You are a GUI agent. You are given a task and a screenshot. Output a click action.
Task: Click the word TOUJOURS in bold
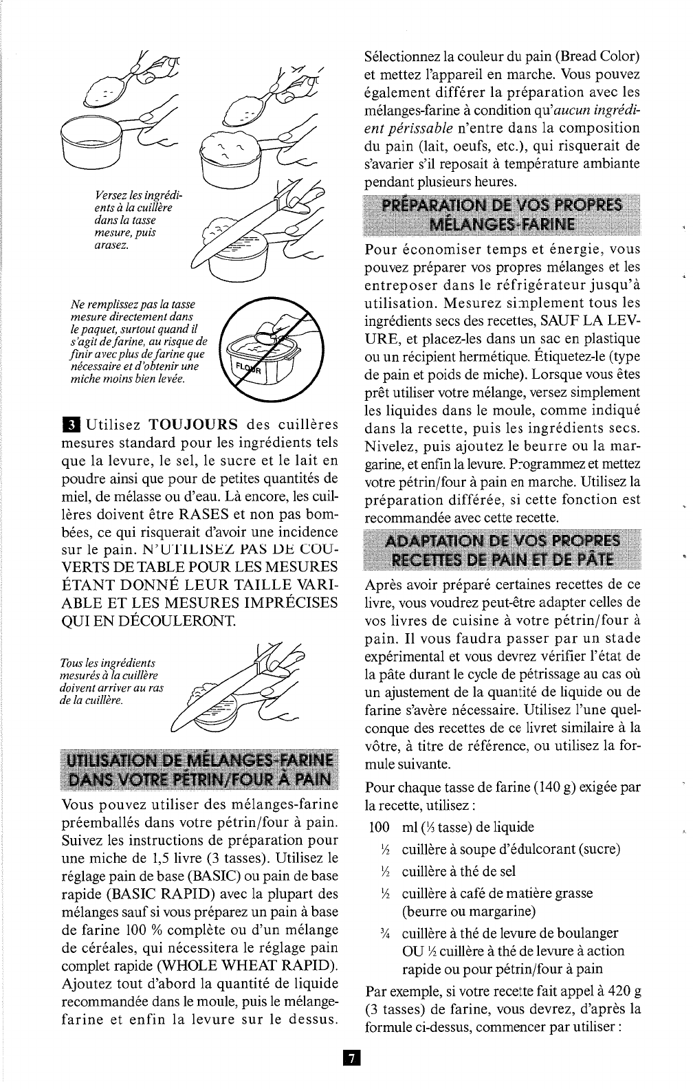pos(194,423)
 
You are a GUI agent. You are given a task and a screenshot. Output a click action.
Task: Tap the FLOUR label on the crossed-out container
pos(248,366)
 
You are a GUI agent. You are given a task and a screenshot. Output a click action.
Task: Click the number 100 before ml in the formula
pos(379,827)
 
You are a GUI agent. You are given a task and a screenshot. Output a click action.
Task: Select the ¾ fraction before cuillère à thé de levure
pos(386,934)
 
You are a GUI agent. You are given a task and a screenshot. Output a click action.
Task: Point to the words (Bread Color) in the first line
pos(597,56)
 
